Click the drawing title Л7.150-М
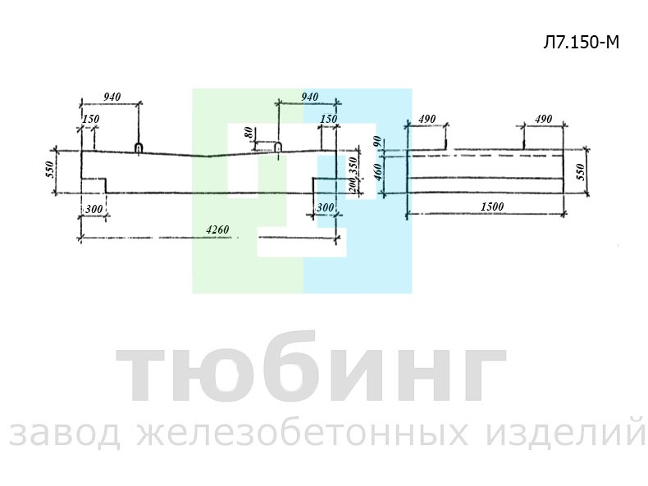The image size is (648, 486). (581, 42)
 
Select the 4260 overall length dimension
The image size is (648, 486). (217, 229)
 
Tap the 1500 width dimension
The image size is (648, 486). (492, 207)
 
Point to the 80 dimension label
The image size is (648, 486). (249, 133)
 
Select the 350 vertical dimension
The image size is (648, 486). (353, 166)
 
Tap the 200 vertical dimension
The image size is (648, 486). (352, 184)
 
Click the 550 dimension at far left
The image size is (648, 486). (50, 170)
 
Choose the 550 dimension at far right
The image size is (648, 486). (580, 172)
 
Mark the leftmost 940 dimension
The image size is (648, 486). (112, 97)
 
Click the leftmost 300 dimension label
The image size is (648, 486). (94, 208)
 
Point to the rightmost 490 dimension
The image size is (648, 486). (544, 119)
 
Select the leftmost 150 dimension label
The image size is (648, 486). (91, 119)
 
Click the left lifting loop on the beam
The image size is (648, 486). (139, 148)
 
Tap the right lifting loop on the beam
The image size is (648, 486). (279, 147)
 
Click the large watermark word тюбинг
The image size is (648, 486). (310, 367)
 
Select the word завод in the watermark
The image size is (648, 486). (65, 434)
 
